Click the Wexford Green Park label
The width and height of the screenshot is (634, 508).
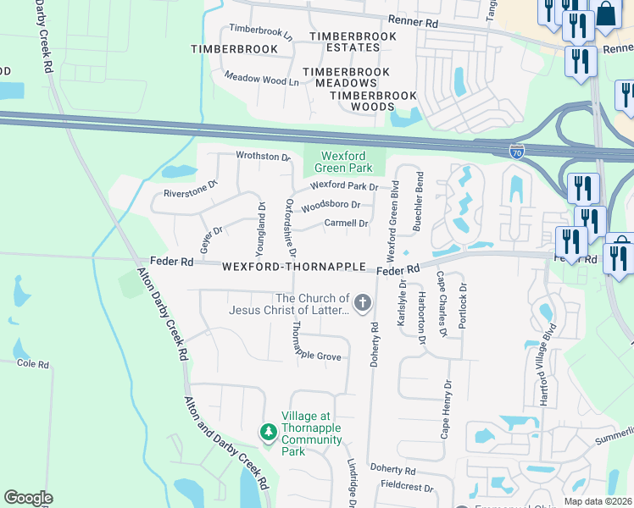(x=345, y=162)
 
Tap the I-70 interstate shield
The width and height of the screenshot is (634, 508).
(x=517, y=152)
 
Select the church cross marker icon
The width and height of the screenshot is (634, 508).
(x=363, y=302)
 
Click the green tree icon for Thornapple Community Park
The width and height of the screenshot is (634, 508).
(x=269, y=433)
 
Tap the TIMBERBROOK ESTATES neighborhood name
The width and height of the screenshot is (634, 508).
(x=353, y=43)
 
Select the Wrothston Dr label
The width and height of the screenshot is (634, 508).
(x=263, y=157)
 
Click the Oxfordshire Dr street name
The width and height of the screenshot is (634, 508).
(x=290, y=229)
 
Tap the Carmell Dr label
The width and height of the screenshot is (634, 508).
(x=346, y=224)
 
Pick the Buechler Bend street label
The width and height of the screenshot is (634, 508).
(x=417, y=201)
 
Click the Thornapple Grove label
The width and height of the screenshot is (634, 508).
(x=315, y=357)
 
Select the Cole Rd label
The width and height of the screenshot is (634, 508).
(x=33, y=364)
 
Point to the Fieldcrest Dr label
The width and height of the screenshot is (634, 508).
(x=407, y=489)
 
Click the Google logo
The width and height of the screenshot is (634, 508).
(x=28, y=498)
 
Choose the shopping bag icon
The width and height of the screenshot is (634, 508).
(x=606, y=15)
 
